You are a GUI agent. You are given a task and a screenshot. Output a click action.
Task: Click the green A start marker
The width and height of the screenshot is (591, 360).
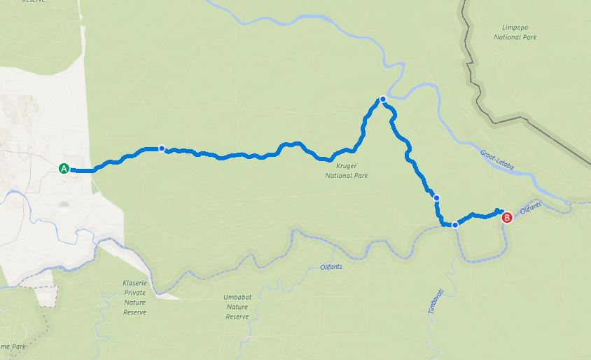coord(64,168)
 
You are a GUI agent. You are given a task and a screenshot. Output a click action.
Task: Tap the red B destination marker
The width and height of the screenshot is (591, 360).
coord(508,218)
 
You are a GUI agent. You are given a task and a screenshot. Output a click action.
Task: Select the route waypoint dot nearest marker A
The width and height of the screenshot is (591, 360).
coord(162,148)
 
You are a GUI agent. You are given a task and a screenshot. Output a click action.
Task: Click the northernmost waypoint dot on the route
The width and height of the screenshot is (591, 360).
coord(382,99)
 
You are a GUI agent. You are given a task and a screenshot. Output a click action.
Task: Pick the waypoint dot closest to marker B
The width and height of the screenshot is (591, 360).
coord(455,225)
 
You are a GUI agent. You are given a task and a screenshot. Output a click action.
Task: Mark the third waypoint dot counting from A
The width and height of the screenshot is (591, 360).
coord(437,198)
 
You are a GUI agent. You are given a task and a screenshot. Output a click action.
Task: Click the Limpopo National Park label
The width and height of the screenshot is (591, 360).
coord(515,32)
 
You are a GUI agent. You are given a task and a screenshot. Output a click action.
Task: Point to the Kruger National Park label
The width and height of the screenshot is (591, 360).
coord(346,171)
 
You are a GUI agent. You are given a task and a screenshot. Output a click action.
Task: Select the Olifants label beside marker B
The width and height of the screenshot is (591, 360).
coord(532,208)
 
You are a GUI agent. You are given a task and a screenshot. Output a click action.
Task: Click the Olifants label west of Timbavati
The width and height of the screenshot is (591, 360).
coord(331,265)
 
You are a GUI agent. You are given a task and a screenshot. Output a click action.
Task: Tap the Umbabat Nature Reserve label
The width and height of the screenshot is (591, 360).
coord(237,307)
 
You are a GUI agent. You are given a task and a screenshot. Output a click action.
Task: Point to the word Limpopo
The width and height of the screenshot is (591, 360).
coord(515,27)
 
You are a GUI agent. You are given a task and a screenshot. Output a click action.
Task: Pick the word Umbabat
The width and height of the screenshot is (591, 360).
coord(237,297)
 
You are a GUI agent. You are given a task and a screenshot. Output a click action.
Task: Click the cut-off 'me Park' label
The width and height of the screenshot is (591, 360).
coord(15,347)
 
